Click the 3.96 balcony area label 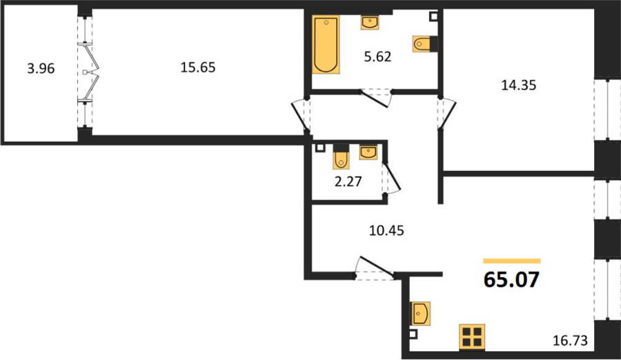pos(41,69)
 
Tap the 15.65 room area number pos(198,68)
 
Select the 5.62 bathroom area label pos(378,57)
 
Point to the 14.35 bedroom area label pos(519,85)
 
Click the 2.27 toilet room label pos(348,181)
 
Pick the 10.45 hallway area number pos(386,230)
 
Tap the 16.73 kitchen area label pos(571,340)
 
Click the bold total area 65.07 pos(512,279)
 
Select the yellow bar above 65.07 pos(512,261)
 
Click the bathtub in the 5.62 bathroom pos(326,45)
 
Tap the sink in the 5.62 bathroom pos(370,23)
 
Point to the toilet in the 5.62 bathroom pos(424,44)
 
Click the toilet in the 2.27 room pos(340,157)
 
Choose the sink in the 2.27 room pos(368,152)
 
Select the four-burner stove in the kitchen pos(472,337)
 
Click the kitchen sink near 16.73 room pos(421,314)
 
